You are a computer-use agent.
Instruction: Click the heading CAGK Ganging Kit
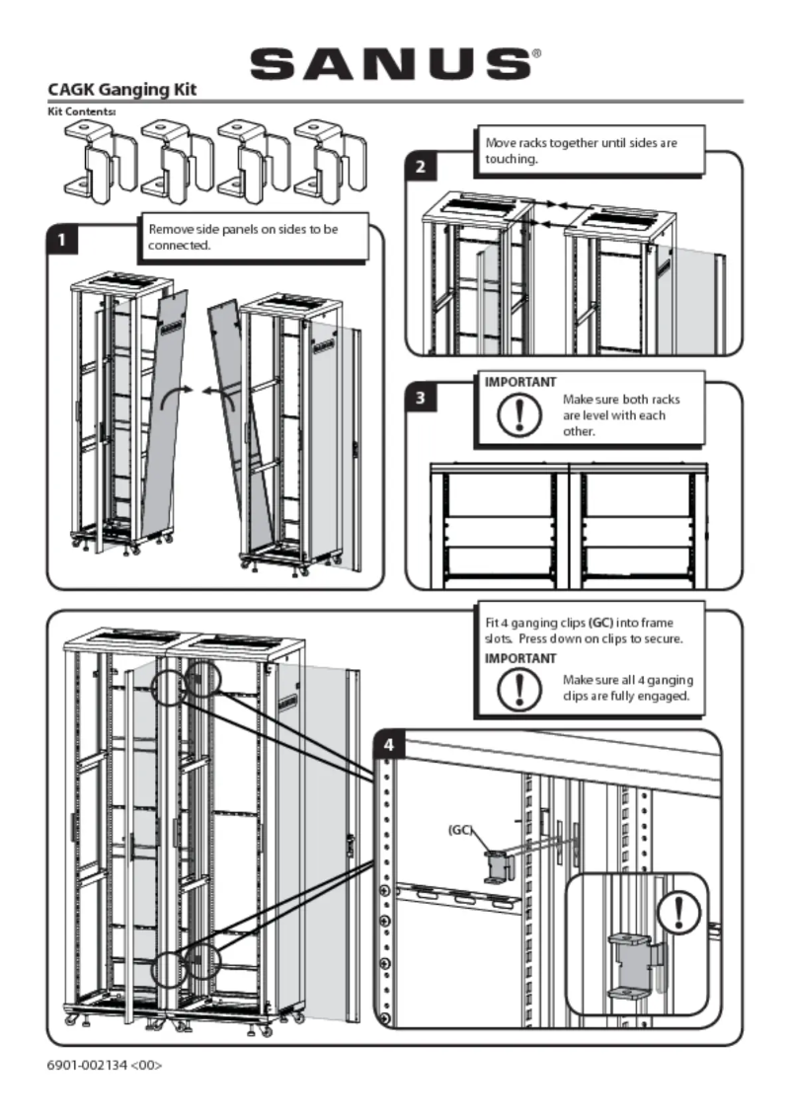(x=122, y=90)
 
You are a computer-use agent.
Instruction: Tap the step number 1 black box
(x=63, y=240)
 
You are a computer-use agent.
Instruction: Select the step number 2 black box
(x=421, y=166)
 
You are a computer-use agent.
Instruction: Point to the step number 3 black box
(x=421, y=399)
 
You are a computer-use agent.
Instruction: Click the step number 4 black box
(x=390, y=745)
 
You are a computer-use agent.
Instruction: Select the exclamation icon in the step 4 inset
(x=678, y=910)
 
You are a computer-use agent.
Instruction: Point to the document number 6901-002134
(x=105, y=1065)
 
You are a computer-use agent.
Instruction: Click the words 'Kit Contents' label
(x=81, y=112)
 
